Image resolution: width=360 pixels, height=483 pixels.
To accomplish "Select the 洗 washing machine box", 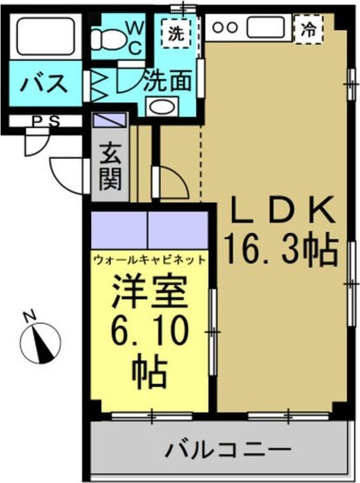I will click(x=175, y=35).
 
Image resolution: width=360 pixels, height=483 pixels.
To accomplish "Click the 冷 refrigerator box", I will click(x=307, y=28).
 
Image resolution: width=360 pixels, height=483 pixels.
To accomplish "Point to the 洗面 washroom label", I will click(x=167, y=83).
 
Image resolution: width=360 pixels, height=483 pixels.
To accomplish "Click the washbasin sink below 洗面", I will click(x=160, y=107).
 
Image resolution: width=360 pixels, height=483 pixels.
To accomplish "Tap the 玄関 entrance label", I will click(x=110, y=167).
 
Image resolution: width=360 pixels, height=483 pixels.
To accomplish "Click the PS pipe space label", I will click(x=43, y=121).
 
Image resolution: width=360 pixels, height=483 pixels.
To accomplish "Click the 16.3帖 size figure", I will click(x=280, y=251).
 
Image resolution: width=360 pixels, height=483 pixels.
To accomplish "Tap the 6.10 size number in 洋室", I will click(x=149, y=331).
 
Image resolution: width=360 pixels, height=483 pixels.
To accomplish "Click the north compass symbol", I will click(x=41, y=341).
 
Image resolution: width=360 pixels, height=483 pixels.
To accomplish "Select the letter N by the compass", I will click(x=28, y=315).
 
